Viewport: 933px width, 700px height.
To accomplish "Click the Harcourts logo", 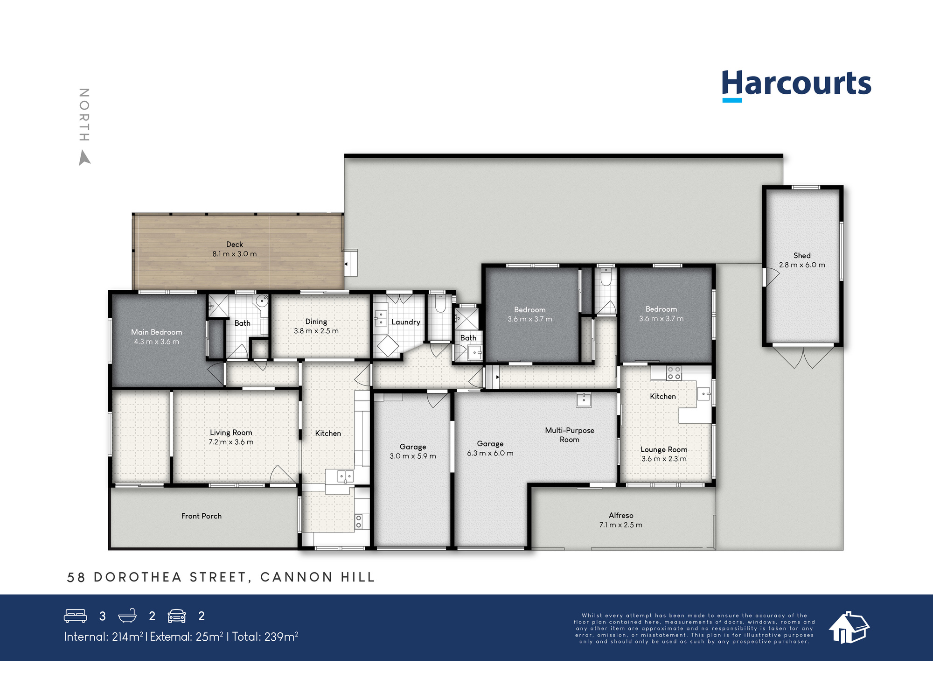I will coord(796,84).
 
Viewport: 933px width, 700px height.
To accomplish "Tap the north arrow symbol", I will coord(84,158).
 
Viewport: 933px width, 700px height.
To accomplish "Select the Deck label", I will coord(234,244).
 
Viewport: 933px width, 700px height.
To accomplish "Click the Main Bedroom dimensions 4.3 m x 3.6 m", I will coord(156,342).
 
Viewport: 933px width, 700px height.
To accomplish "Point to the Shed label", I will coord(801,255).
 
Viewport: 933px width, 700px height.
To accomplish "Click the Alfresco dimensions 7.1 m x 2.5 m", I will coord(620,525).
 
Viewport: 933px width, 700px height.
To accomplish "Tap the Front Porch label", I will coord(201,516).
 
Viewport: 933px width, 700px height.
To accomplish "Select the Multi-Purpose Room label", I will coord(569,434).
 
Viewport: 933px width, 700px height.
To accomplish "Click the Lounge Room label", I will coord(663,449).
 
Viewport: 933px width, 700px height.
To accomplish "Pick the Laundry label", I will coord(405,322).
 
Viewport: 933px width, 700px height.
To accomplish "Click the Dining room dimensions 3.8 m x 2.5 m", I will coord(316,331).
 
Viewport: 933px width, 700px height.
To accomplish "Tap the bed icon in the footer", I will coord(75,616).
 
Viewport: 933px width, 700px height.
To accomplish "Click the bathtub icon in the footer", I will coord(127,616).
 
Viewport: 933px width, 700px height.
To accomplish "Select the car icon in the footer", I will coord(177,616).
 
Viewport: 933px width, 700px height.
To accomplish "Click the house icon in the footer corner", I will coord(849,628).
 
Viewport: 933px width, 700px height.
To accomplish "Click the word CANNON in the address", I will coord(296,577).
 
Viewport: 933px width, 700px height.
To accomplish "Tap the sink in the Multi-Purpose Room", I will coord(583,400).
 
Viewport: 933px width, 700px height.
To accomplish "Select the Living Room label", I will coord(230,433).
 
